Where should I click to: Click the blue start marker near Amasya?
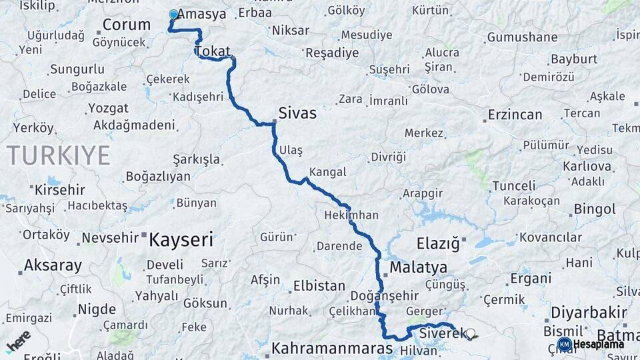point(173,14)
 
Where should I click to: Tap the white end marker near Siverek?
point(471,333)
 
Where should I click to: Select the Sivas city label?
point(297,114)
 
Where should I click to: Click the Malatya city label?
point(419,267)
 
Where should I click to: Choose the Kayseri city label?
point(181,239)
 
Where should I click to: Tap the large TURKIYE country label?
point(59,155)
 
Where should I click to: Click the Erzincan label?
point(515,115)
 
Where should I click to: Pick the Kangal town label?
point(328,172)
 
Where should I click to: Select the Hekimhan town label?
point(351,215)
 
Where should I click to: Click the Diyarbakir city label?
point(589,312)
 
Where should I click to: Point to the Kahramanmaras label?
point(332,348)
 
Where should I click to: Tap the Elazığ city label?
point(438,244)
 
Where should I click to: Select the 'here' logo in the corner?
point(18,342)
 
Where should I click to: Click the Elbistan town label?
point(315,286)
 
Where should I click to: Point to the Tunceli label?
point(514,186)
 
